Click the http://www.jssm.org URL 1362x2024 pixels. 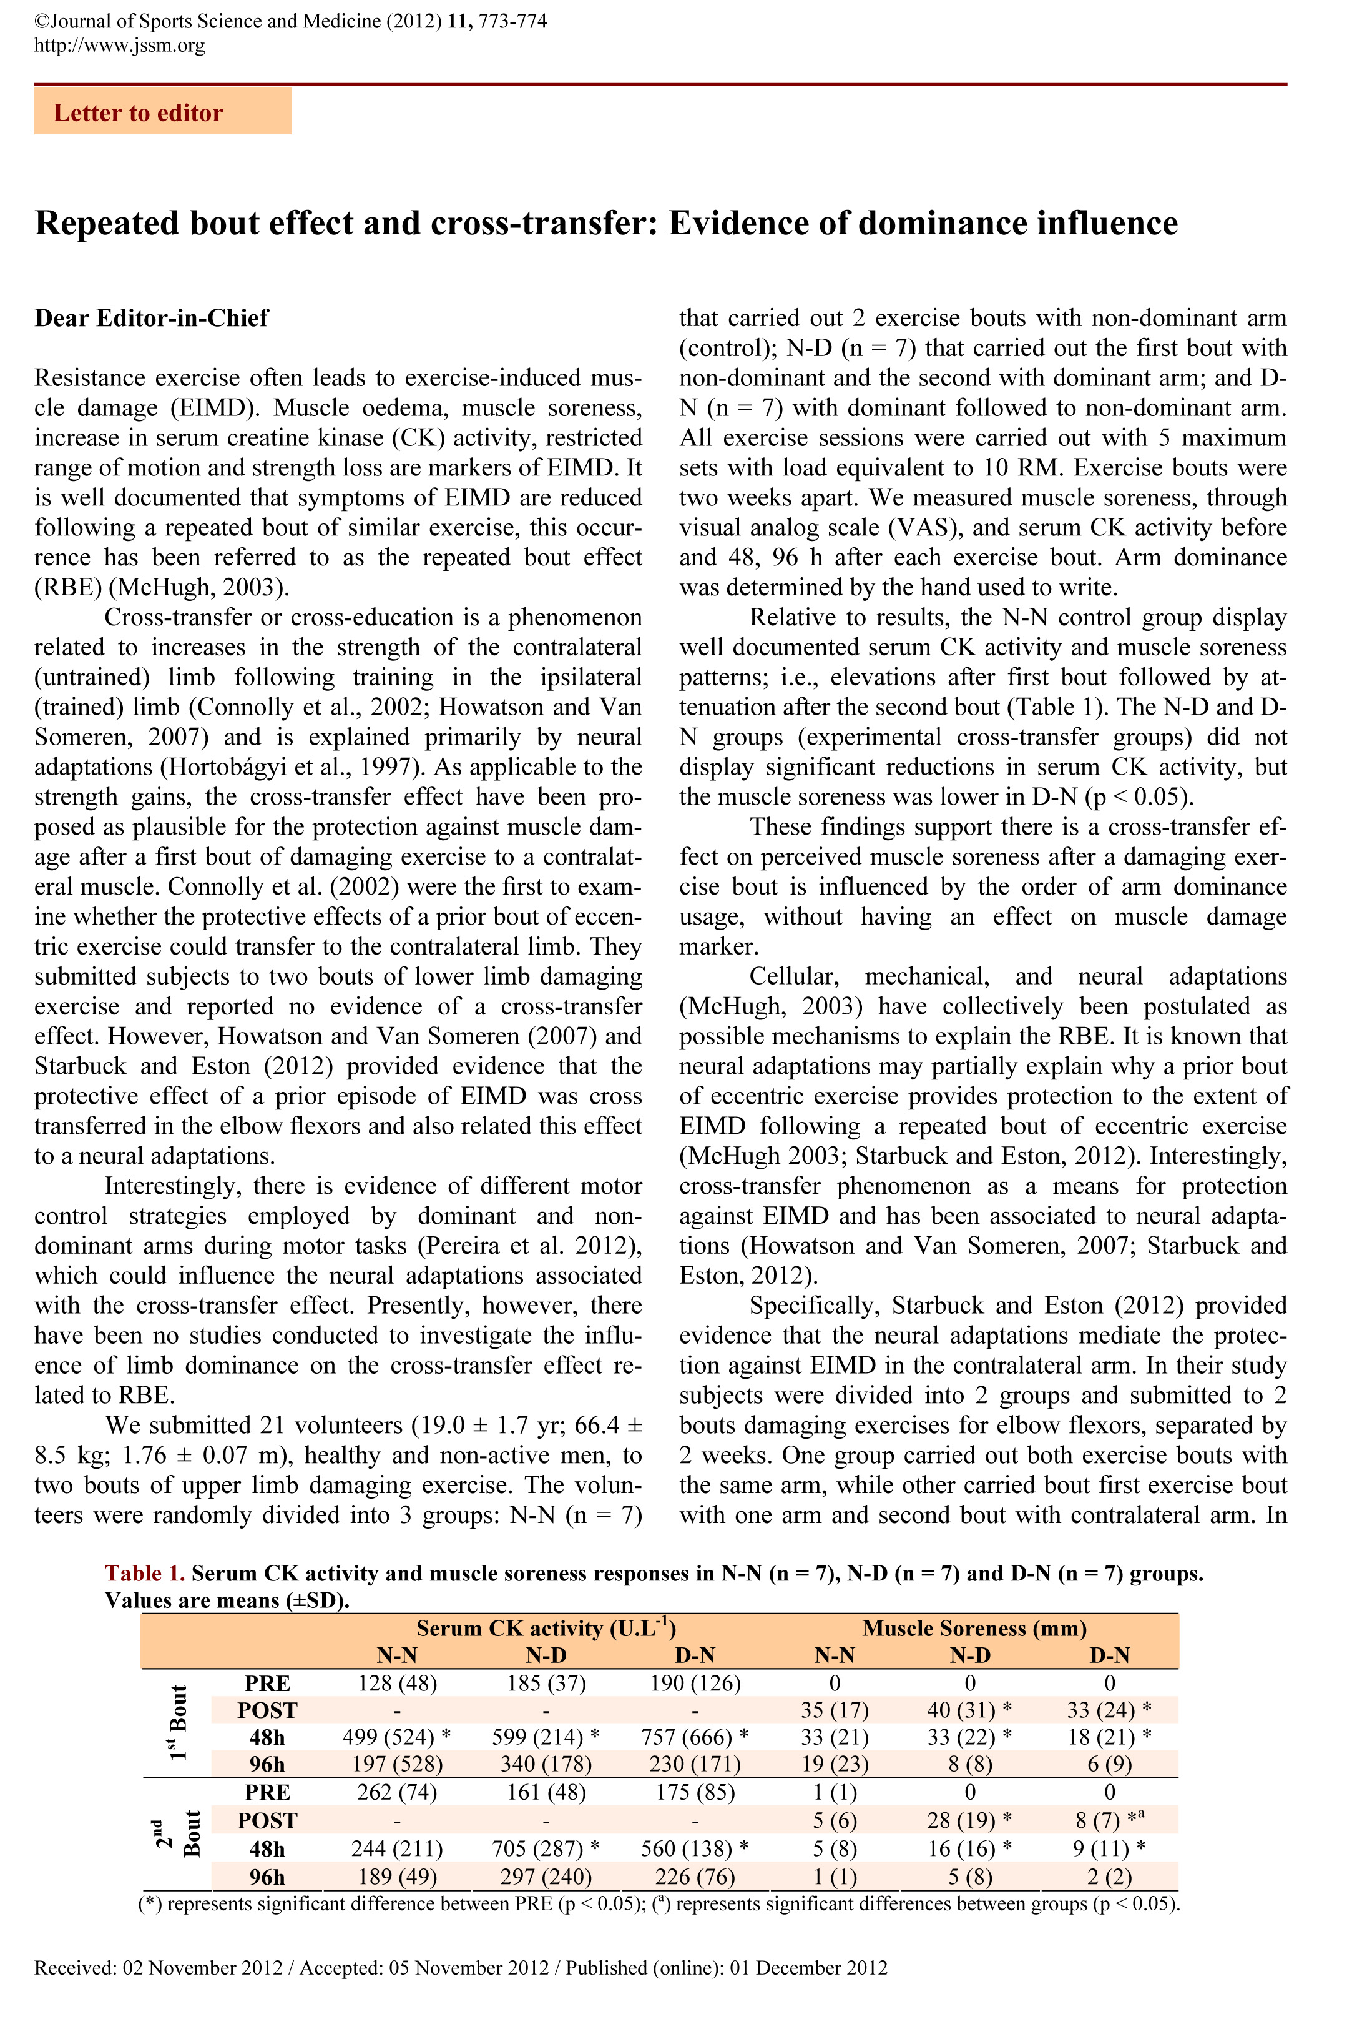[120, 45]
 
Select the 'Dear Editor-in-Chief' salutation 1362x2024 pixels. [152, 318]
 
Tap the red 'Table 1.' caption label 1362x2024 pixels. [144, 1574]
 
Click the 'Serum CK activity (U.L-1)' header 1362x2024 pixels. [546, 1628]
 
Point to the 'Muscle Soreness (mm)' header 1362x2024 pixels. [974, 1628]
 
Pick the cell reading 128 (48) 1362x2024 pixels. [397, 1684]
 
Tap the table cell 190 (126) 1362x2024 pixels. [695, 1684]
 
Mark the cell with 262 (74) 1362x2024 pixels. [397, 1793]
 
